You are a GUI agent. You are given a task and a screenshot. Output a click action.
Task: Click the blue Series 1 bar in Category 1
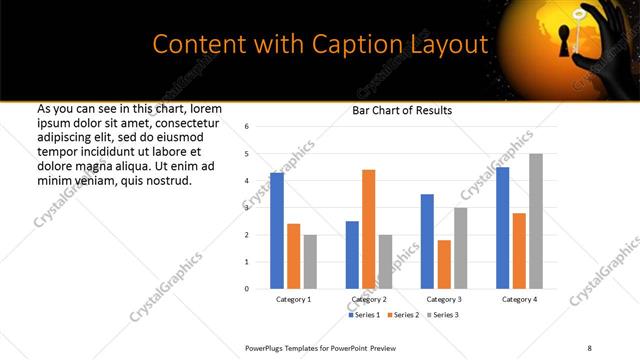[x=276, y=231]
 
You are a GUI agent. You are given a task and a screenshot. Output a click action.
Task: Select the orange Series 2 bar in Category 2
[x=368, y=229]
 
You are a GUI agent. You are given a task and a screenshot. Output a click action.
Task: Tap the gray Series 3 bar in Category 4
[x=536, y=221]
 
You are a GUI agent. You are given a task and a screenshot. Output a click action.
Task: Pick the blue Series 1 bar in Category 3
[x=427, y=241]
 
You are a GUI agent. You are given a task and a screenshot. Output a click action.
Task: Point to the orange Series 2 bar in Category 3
[x=444, y=264]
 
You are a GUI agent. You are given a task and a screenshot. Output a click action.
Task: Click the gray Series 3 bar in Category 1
[x=310, y=261]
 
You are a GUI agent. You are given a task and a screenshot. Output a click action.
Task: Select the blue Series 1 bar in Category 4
[x=502, y=228]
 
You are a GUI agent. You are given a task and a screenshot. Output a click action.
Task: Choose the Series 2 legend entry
[x=402, y=315]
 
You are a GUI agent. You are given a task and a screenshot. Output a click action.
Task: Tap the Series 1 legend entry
[x=364, y=315]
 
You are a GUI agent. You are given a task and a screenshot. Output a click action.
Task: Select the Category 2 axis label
[x=369, y=299]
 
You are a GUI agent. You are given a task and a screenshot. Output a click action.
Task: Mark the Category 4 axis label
[x=519, y=299]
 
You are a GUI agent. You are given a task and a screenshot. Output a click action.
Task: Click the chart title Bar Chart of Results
[x=402, y=110]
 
